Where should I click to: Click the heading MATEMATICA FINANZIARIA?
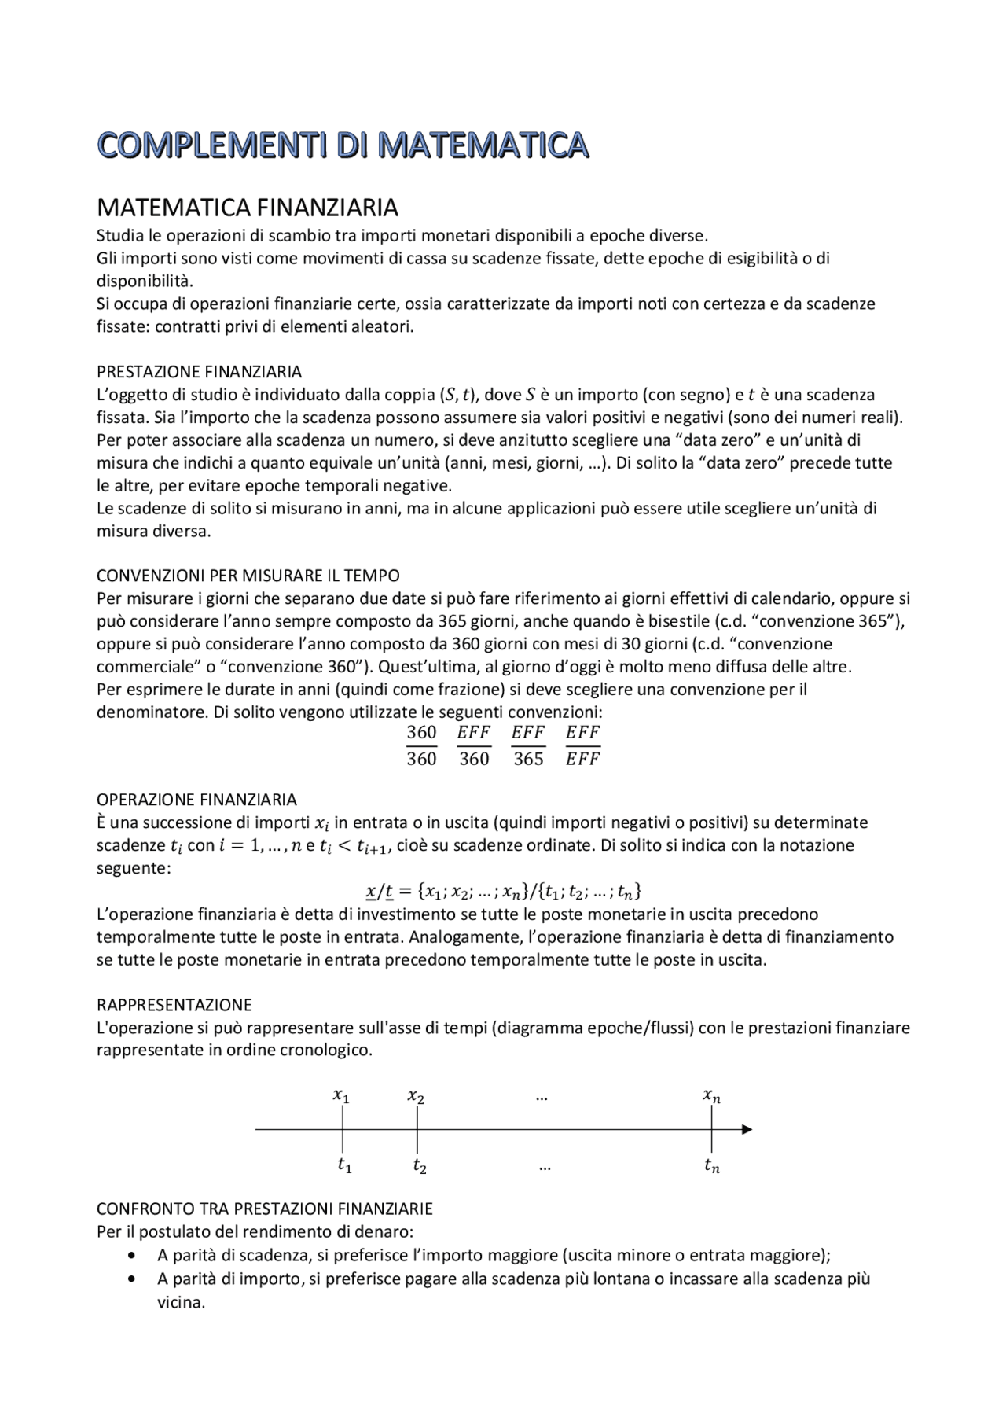pos(247,208)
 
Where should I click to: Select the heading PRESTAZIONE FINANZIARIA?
pos(199,371)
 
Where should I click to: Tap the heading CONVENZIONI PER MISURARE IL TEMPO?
pos(248,576)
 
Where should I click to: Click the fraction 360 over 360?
pos(421,745)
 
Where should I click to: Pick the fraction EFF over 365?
pos(528,745)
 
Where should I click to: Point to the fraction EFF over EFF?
pos(582,745)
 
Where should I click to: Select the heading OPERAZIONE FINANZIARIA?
pos(196,800)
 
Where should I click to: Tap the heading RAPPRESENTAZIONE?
pos(174,1005)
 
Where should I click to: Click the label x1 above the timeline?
pos(341,1095)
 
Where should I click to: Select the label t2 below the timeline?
pos(420,1166)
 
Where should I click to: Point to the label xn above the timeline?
pos(711,1095)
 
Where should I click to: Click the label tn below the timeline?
pos(711,1166)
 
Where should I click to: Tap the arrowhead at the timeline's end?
pos(747,1130)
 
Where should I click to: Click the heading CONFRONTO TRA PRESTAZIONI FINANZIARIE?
pos(264,1208)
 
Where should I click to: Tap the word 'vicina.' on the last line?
pos(181,1302)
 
